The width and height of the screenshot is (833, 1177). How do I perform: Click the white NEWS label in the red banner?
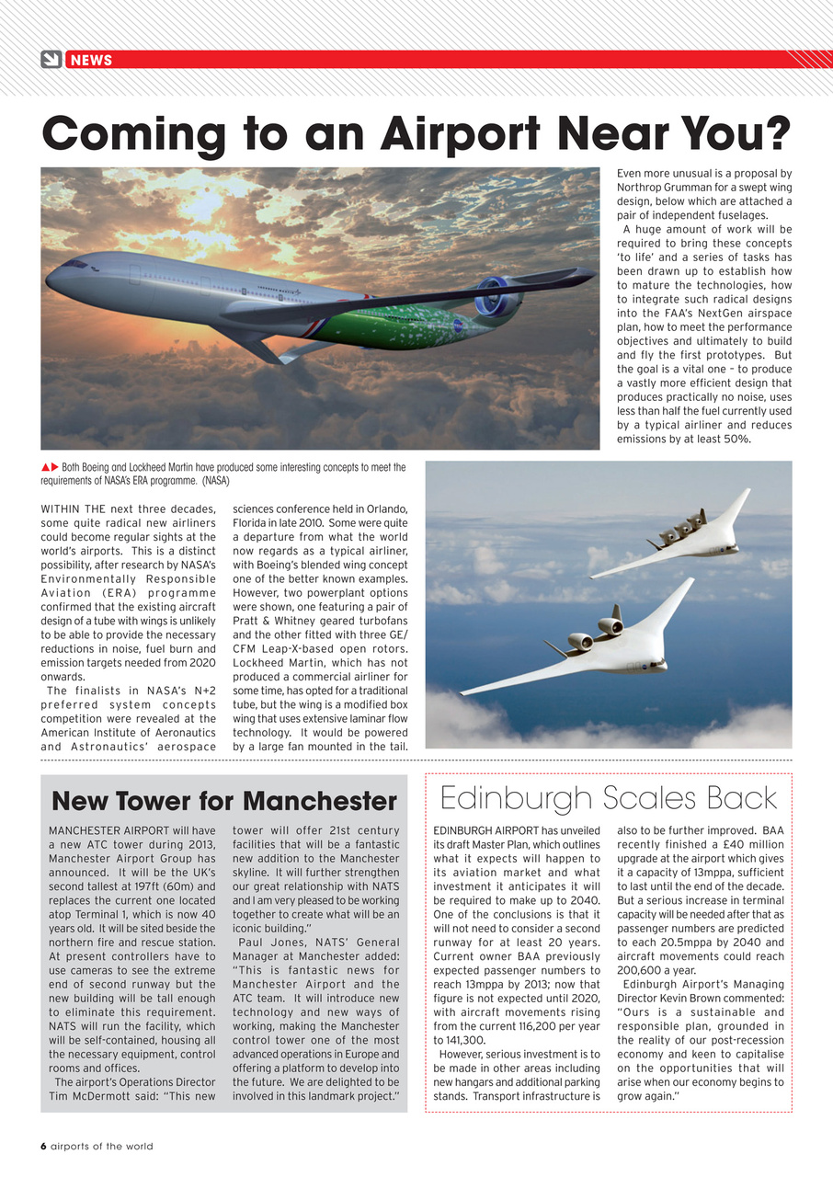pyautogui.click(x=91, y=60)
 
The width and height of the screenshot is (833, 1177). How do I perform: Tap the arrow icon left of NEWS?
pyautogui.click(x=51, y=60)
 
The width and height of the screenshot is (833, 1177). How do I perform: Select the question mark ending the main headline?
pyautogui.click(x=778, y=134)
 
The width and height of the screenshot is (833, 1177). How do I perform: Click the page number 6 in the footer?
pyautogui.click(x=43, y=1146)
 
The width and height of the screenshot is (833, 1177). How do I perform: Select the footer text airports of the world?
pyautogui.click(x=102, y=1146)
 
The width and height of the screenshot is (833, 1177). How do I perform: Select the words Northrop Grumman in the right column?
pyautogui.click(x=656, y=187)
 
